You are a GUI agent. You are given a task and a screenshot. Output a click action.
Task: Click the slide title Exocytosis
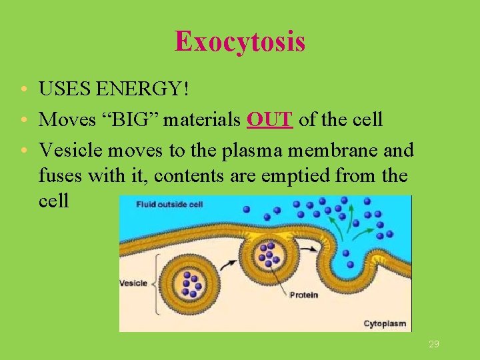click(x=240, y=41)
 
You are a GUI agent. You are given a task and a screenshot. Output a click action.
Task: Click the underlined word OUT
click(x=269, y=120)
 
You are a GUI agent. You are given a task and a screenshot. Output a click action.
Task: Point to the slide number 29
click(x=434, y=344)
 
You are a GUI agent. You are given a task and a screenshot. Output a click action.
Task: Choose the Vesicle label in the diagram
click(x=133, y=283)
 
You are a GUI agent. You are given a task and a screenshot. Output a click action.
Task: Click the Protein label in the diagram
click(x=303, y=295)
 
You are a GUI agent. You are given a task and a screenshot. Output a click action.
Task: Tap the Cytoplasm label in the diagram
click(x=385, y=324)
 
